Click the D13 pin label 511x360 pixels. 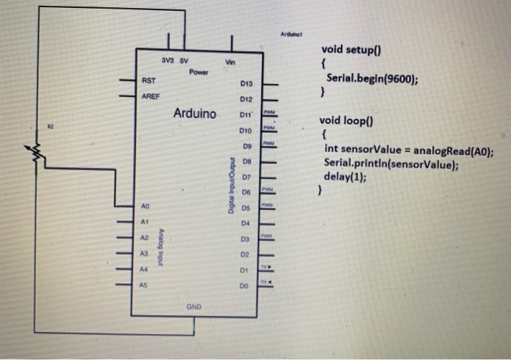click(x=245, y=85)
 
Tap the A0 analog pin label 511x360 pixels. click(x=146, y=207)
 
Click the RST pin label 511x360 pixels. click(x=148, y=80)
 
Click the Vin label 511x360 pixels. click(x=231, y=63)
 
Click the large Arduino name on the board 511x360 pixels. click(x=194, y=114)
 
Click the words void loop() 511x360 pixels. click(x=349, y=120)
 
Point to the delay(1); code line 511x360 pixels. click(x=345, y=176)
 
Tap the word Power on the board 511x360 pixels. click(x=198, y=72)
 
